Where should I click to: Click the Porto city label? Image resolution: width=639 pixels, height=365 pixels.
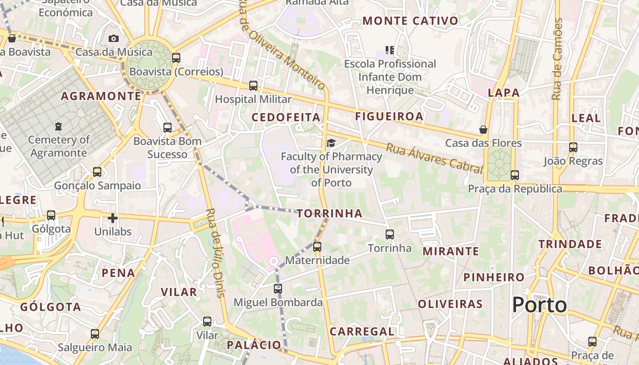point(539,305)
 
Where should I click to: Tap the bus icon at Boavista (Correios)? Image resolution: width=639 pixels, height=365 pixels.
point(176,58)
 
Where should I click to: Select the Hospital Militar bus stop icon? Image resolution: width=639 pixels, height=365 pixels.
point(253,85)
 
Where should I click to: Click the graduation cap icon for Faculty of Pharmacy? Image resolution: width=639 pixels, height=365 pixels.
point(331,143)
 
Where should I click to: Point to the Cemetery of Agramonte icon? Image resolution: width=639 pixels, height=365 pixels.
point(58,126)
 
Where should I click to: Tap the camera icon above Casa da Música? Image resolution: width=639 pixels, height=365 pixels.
point(114,39)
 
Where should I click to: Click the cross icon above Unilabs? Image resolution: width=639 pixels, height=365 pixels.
point(113,218)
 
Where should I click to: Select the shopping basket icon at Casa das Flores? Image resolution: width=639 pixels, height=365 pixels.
point(483,130)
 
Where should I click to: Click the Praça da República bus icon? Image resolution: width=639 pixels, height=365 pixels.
point(515,175)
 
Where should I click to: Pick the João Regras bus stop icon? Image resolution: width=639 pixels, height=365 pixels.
point(573,147)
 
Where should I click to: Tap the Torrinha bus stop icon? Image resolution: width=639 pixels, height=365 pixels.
point(390,235)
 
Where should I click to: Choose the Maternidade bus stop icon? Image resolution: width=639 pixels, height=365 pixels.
point(317,247)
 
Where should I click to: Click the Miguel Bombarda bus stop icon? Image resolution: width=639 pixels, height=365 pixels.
point(278,288)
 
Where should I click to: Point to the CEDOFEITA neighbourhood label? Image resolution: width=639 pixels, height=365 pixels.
point(286,117)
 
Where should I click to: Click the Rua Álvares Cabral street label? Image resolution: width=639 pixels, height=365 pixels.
point(434,158)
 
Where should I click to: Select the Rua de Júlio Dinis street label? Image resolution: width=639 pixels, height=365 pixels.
point(216,253)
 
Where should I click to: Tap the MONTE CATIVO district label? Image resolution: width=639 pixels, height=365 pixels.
point(410,21)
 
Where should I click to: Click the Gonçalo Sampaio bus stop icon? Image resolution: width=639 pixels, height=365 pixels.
point(97,172)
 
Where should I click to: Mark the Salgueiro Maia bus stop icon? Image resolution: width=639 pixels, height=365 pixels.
point(95,334)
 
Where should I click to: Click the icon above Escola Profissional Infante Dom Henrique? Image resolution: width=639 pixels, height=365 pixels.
point(390,50)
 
